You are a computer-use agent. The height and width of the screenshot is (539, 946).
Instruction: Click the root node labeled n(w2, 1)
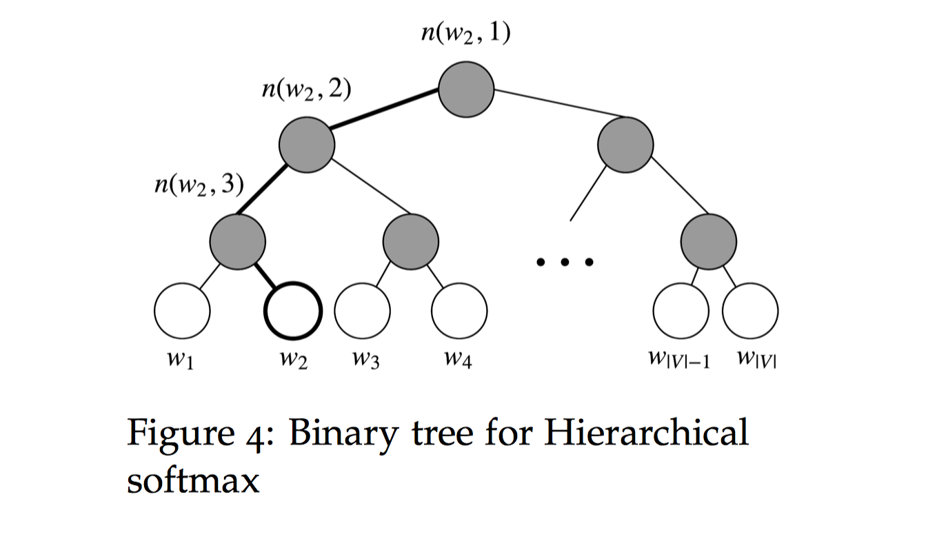[x=466, y=90]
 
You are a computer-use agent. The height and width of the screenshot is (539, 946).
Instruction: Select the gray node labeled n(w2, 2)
[x=307, y=145]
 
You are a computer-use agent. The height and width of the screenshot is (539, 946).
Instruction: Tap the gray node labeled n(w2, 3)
[x=238, y=241]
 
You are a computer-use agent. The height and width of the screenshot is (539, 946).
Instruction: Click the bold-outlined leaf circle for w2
[x=293, y=311]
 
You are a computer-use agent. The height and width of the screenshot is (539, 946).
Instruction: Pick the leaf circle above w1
[x=182, y=311]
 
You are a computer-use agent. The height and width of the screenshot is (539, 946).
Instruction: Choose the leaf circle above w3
[x=363, y=311]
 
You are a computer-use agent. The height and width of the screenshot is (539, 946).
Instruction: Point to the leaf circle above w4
[x=459, y=311]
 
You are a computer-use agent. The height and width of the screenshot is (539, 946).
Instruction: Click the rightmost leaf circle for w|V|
[x=750, y=311]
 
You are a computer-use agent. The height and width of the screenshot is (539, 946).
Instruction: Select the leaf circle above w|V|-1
[x=681, y=311]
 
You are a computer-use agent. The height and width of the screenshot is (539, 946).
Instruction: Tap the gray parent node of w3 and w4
[x=411, y=241]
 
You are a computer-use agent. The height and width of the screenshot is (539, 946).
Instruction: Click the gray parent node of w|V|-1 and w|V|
[x=709, y=241]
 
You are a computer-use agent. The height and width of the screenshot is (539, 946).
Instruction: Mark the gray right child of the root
[x=625, y=145]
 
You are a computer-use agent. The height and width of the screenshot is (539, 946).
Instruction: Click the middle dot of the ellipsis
[x=565, y=262]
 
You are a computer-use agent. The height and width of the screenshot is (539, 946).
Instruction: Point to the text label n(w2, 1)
[x=466, y=33]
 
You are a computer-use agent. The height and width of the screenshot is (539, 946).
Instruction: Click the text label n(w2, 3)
[x=199, y=185]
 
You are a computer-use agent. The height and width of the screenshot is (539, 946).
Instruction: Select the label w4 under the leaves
[x=458, y=360]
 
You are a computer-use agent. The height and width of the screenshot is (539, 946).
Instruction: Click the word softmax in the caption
[x=192, y=480]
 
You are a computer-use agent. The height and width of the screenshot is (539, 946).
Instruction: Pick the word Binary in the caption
[x=344, y=435]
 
